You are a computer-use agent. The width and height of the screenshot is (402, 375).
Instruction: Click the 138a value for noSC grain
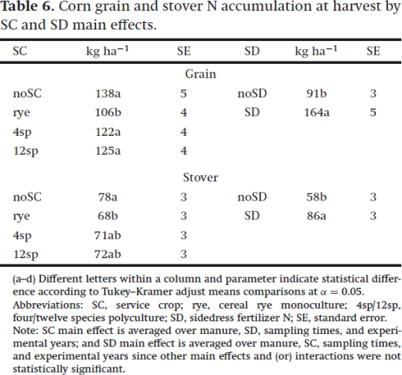tap(108, 93)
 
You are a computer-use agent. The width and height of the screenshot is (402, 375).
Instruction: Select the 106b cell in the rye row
tap(108, 112)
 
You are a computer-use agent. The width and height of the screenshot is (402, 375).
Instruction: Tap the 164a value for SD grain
tap(316, 112)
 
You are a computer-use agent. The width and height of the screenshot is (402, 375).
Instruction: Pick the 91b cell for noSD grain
tap(316, 93)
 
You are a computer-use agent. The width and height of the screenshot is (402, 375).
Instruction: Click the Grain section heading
tap(200, 74)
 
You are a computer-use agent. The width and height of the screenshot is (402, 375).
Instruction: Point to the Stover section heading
tap(200, 178)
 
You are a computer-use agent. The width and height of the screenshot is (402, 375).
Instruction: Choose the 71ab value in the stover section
tap(108, 235)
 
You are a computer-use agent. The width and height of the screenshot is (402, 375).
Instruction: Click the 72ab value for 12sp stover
tap(108, 254)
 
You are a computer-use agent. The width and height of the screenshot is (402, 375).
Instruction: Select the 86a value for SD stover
tap(316, 216)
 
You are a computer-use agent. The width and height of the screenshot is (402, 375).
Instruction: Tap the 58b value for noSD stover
tap(316, 197)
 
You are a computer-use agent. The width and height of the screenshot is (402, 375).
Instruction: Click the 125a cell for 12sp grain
tap(108, 151)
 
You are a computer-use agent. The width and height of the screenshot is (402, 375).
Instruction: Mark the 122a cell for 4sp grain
tap(108, 132)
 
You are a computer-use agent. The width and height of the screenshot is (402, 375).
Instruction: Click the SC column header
tap(20, 51)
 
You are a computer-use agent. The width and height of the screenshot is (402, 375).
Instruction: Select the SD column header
tap(252, 51)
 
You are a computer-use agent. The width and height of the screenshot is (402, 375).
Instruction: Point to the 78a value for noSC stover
tap(108, 197)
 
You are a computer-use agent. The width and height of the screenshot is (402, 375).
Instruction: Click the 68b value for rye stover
tap(108, 216)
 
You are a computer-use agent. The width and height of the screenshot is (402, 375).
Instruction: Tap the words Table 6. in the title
tap(28, 6)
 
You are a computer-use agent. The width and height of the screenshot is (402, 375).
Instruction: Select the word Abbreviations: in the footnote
tap(48, 305)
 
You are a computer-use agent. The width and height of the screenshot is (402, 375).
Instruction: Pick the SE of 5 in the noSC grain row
tap(184, 93)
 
